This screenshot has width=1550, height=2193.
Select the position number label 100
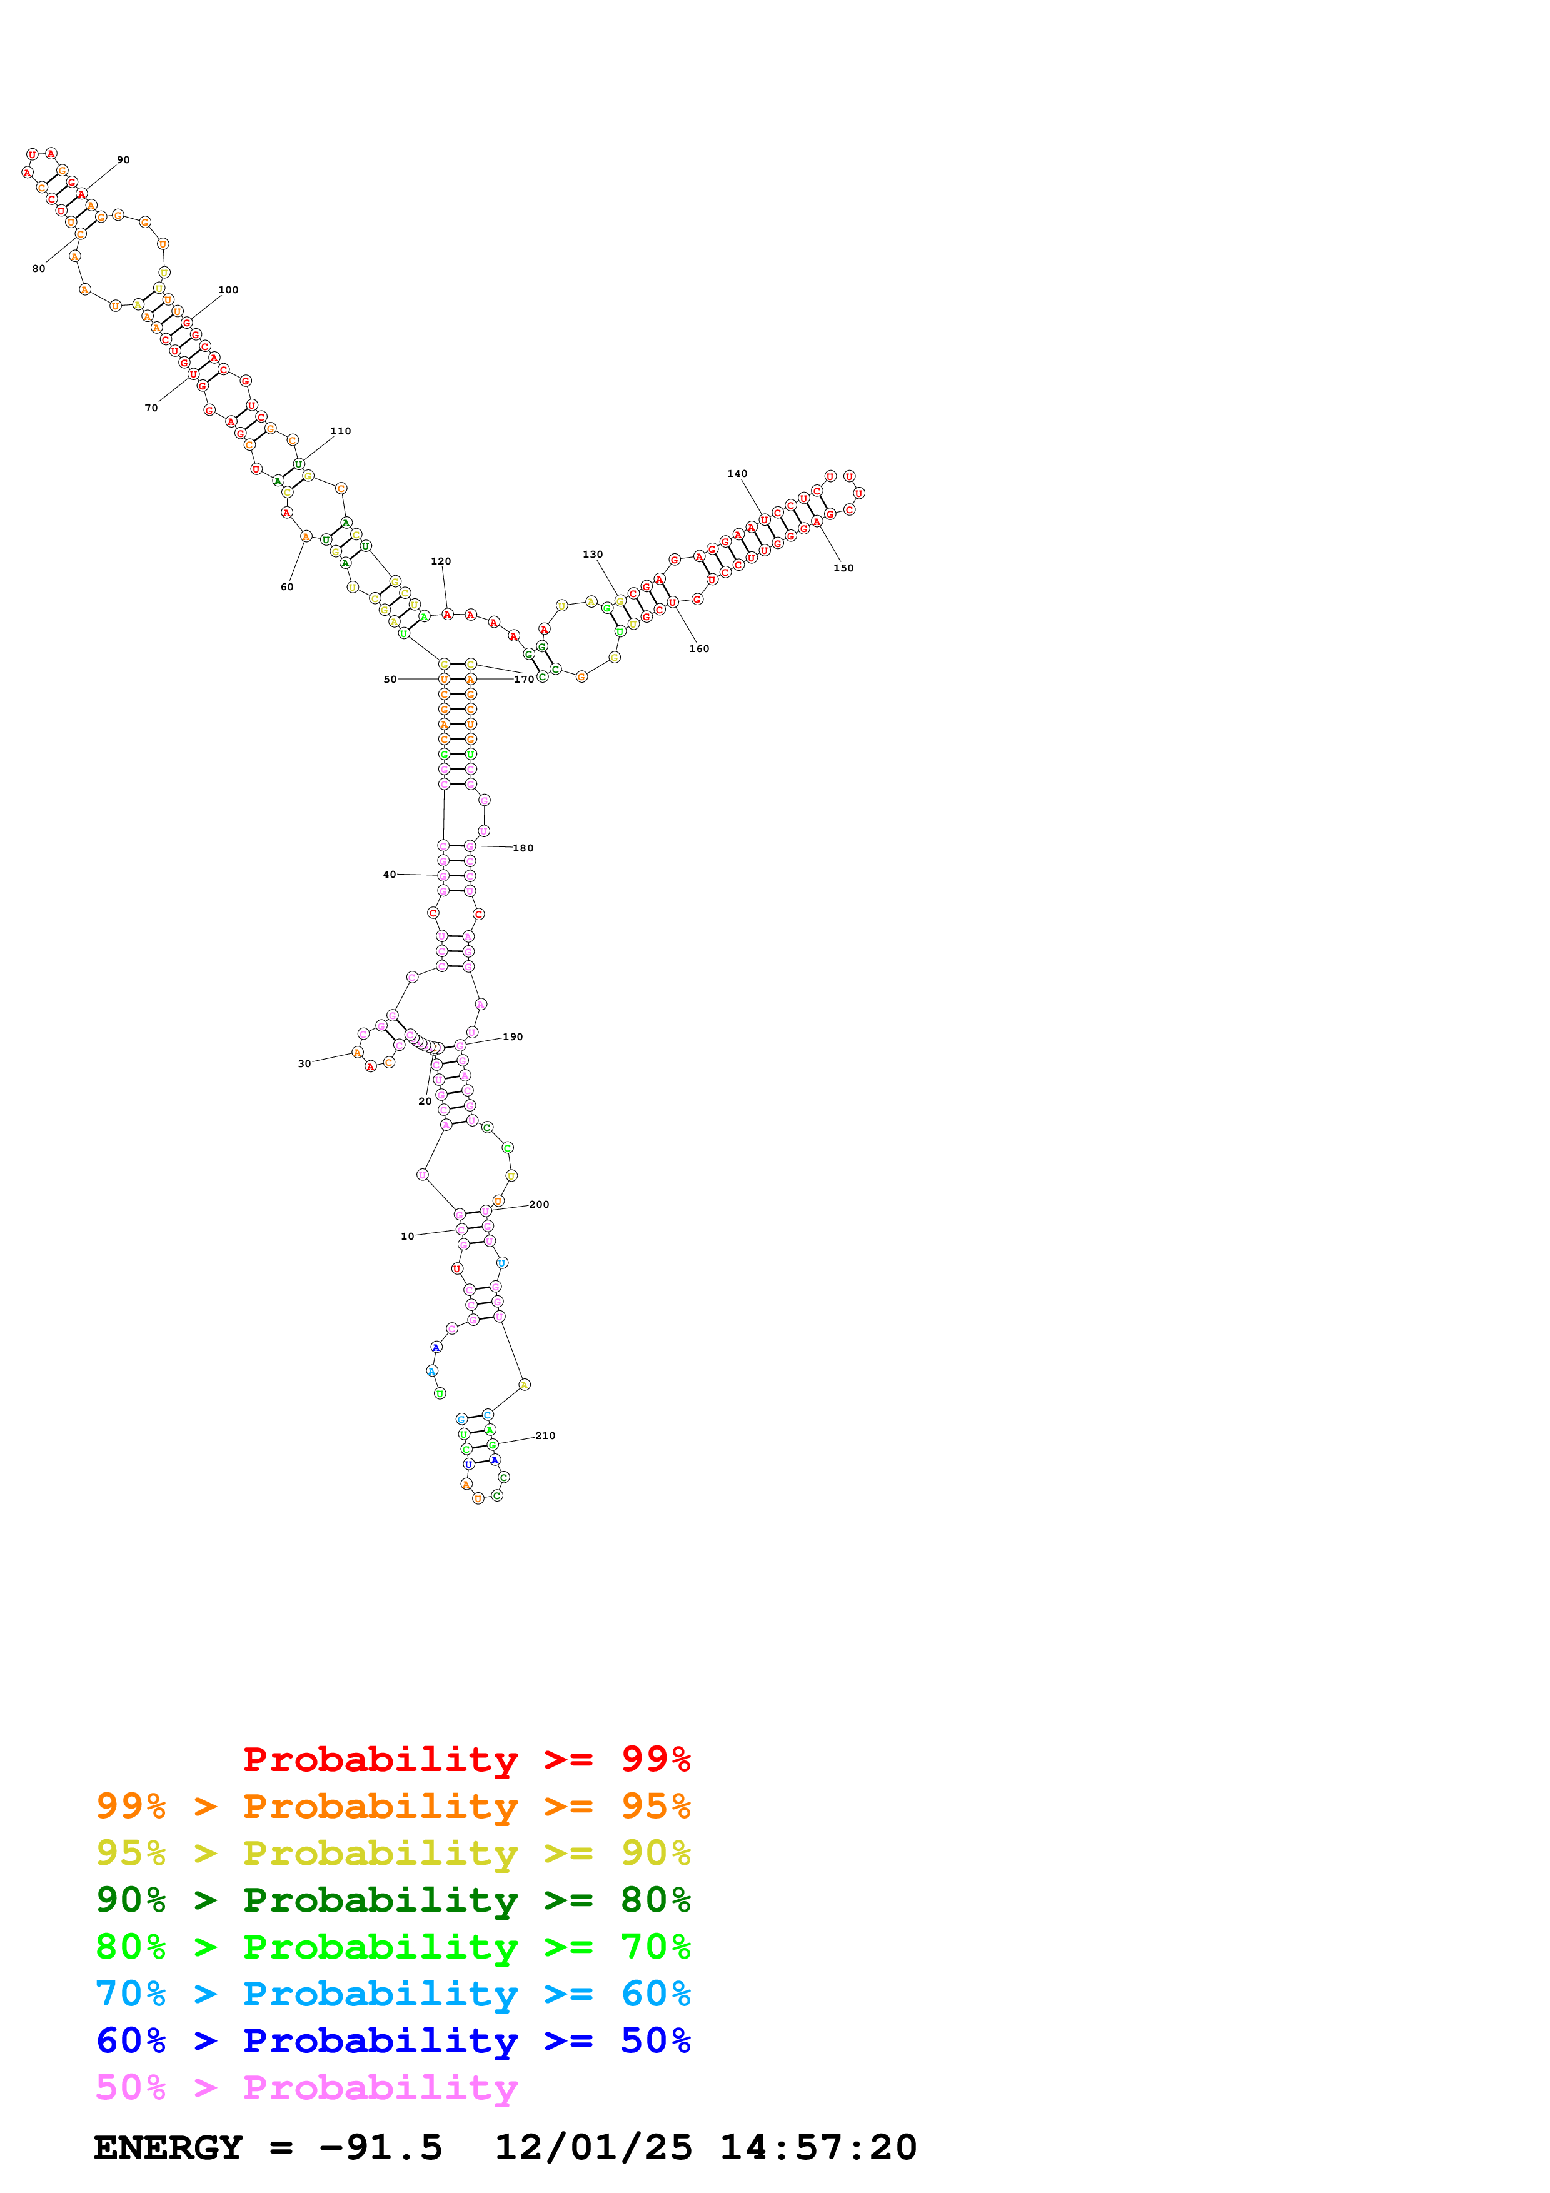[228, 290]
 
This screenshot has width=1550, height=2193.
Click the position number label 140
[737, 474]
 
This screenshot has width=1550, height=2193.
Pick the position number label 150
[843, 568]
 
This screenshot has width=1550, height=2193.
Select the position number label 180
[523, 848]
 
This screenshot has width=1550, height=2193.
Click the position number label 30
[304, 1064]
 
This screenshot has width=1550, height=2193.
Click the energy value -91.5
[380, 2147]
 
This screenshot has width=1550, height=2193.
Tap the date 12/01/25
[593, 2147]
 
